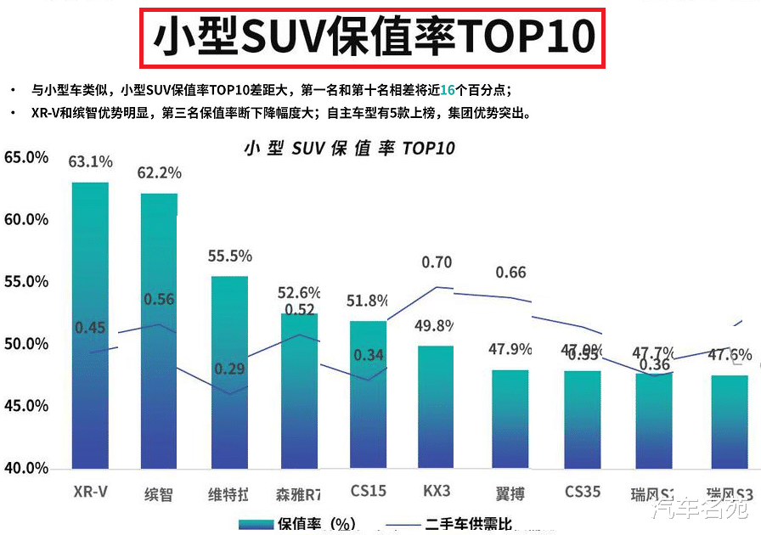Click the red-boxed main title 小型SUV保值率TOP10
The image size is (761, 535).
click(x=372, y=37)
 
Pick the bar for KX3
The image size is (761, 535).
click(x=436, y=407)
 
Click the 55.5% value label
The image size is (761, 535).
click(x=229, y=256)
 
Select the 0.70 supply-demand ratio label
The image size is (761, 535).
click(x=437, y=262)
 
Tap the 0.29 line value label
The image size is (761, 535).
click(x=229, y=369)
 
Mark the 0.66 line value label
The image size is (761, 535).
click(x=510, y=273)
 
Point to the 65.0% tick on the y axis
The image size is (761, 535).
click(x=26, y=157)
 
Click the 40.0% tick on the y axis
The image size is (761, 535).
click(x=26, y=468)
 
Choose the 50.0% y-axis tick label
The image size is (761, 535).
click(x=26, y=344)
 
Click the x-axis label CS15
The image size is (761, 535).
click(x=368, y=492)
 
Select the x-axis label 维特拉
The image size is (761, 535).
click(x=228, y=493)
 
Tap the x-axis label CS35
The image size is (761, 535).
click(x=582, y=492)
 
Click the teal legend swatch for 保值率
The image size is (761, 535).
click(x=256, y=523)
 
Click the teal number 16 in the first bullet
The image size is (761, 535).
click(x=448, y=90)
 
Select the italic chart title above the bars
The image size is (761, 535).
click(x=349, y=148)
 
